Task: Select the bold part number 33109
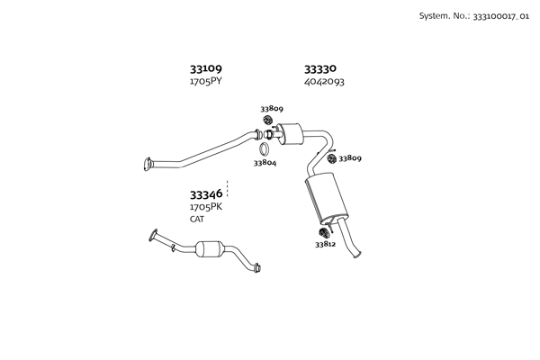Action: coord(205,68)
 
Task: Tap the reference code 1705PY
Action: coord(205,82)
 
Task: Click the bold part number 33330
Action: coord(319,68)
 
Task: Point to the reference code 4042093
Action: coord(324,82)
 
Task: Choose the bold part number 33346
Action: coord(205,194)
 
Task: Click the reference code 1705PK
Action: coord(205,207)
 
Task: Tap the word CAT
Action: coord(197,220)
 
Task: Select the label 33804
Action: coord(265,163)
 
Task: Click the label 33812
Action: coord(325,244)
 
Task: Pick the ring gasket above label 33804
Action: coord(265,149)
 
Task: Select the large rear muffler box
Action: coord(326,200)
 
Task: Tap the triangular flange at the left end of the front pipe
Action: coord(148,164)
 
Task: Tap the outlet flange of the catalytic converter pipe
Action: coord(257,266)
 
